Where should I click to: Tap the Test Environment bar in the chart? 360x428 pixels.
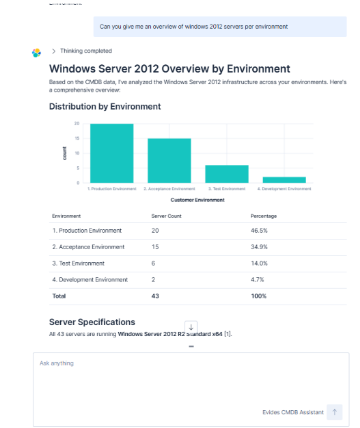click(x=226, y=174)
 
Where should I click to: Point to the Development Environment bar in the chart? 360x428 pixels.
click(x=284, y=180)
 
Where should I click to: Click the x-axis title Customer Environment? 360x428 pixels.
click(x=197, y=200)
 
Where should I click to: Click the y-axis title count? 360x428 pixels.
click(x=64, y=152)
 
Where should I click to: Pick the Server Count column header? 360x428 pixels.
click(x=165, y=216)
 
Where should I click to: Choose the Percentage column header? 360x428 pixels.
click(x=262, y=216)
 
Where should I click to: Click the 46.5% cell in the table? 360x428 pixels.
click(x=259, y=230)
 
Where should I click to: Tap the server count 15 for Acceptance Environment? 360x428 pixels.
click(x=155, y=246)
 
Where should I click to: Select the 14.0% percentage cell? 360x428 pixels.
click(x=259, y=262)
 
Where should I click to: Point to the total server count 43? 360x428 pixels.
click(x=155, y=296)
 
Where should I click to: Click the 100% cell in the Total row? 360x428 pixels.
click(x=258, y=296)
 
